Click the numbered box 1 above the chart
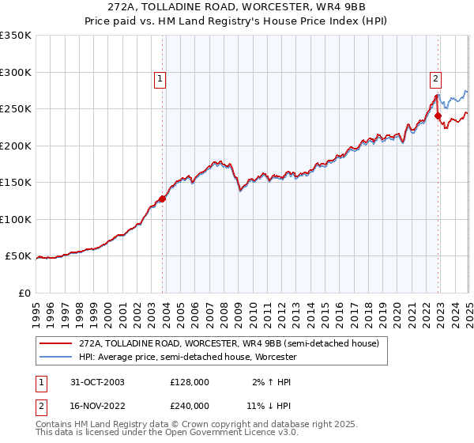coord(160,78)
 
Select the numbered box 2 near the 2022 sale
coord(435,78)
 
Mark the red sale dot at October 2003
coord(163,199)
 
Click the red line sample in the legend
coord(56,343)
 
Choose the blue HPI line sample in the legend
coord(56,357)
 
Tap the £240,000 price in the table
coord(190,405)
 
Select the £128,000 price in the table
coord(190,382)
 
